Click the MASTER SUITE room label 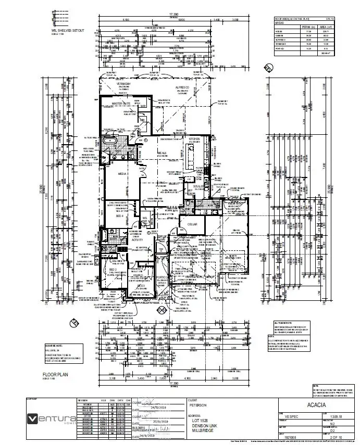point(121,104)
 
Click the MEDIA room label point(123,174)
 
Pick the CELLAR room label point(188,223)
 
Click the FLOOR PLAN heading point(55,374)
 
